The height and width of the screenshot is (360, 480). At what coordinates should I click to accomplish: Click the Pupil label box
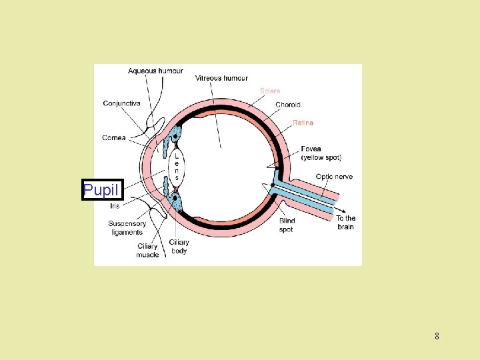click(x=102, y=190)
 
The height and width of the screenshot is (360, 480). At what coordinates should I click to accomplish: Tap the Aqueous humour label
click(x=155, y=71)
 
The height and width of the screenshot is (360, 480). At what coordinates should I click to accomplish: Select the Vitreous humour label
click(x=221, y=78)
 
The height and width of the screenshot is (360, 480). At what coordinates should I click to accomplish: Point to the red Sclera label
click(x=270, y=91)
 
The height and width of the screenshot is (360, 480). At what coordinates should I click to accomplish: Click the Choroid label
click(x=288, y=105)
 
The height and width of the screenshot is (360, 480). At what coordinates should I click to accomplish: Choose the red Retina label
click(x=303, y=123)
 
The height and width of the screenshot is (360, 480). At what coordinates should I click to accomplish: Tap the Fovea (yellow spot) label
click(x=321, y=153)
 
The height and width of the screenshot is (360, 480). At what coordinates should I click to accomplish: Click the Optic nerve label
click(x=334, y=177)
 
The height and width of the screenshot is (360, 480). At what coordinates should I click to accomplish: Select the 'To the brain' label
click(x=345, y=223)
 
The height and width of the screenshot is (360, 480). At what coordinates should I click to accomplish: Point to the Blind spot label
click(x=287, y=225)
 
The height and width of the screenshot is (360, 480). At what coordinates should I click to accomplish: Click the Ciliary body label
click(x=179, y=247)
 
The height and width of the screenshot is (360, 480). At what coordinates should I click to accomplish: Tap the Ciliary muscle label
click(x=148, y=251)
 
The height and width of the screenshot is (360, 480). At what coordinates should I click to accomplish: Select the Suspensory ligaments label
click(x=127, y=228)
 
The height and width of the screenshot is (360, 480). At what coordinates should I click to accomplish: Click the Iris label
click(x=115, y=206)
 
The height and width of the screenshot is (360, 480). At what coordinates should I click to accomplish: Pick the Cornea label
click(x=114, y=138)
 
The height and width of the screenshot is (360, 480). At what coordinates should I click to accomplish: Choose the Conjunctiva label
click(x=121, y=103)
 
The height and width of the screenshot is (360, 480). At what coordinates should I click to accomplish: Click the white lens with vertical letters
click(x=176, y=167)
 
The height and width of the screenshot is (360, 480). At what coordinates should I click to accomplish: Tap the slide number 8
click(x=437, y=336)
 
